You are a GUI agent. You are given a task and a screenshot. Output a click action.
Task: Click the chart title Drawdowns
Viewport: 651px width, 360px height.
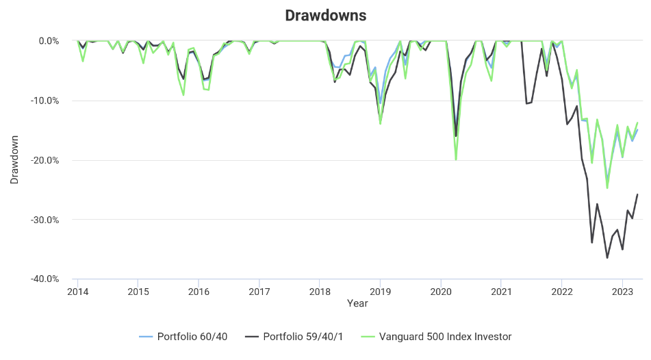coord(325,15)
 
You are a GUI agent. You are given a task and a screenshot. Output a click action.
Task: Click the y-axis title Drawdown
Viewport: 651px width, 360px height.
coord(14,159)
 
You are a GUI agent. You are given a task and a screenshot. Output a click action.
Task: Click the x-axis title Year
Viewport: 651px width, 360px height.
coord(357,303)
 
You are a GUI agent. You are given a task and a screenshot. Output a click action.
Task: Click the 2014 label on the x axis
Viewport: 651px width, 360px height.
coord(77,291)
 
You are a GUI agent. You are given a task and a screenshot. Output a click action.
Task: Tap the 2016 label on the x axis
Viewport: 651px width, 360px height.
coord(199,291)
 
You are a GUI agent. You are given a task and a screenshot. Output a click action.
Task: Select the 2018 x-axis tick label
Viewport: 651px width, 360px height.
coord(320,291)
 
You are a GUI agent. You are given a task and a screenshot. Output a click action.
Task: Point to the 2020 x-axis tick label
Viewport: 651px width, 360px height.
coord(441,291)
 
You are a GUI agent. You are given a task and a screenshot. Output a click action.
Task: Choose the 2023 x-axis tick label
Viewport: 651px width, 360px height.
coord(622,291)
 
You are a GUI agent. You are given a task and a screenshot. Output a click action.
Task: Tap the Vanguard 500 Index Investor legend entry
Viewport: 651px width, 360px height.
coord(435,337)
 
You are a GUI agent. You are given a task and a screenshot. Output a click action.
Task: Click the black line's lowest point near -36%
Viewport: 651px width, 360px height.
coord(607,258)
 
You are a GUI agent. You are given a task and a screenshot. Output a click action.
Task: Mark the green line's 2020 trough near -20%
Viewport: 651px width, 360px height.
coord(456,159)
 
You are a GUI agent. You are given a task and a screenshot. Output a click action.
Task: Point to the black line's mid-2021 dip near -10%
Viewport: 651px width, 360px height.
coord(526,103)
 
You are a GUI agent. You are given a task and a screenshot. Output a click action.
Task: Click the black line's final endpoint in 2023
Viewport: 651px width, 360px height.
coord(637,194)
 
